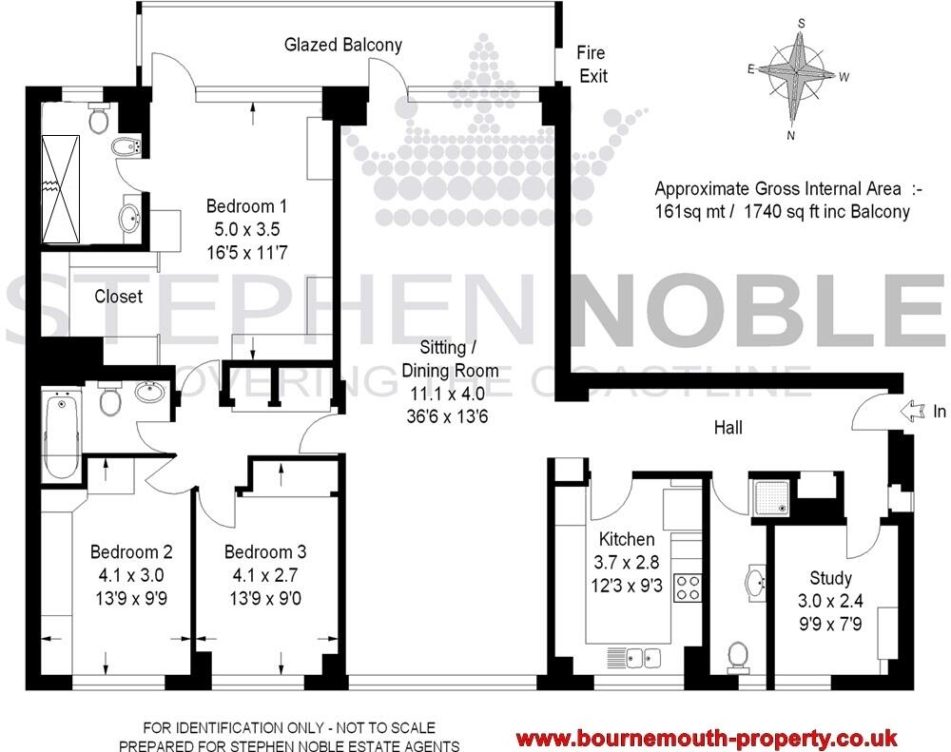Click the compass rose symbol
[798, 73]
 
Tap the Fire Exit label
[592, 65]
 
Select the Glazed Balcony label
[343, 45]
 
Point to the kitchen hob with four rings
[686, 587]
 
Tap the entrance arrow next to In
[910, 411]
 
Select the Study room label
[830, 577]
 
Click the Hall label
[728, 429]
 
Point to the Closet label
[119, 297]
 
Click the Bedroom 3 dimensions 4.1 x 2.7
[264, 574]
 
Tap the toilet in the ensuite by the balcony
[96, 120]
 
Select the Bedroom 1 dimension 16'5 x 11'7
[247, 252]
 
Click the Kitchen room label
[626, 539]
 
